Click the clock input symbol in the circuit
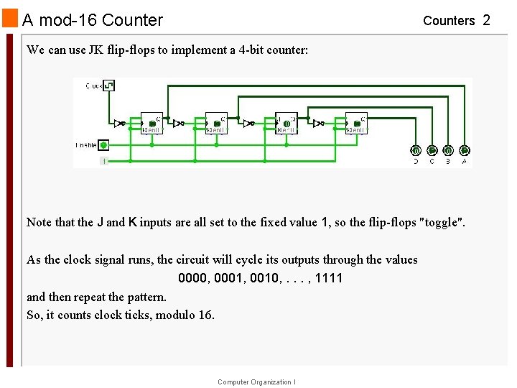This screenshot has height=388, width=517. tap(108, 86)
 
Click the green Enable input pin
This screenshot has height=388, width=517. tap(103, 145)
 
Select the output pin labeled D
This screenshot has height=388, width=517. tap(416, 151)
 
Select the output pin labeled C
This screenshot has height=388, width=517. tap(432, 151)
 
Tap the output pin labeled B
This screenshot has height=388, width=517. tap(448, 151)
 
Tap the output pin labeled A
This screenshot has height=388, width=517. tap(465, 151)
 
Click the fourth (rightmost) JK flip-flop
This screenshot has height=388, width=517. tap(356, 124)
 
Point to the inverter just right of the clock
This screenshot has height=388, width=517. tap(119, 123)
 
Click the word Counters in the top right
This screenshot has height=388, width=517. tap(449, 21)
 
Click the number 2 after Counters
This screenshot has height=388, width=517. tap(486, 20)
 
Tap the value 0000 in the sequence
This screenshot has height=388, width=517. tap(194, 278)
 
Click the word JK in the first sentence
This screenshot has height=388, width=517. tap(96, 50)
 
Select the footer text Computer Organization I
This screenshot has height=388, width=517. tap(256, 382)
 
